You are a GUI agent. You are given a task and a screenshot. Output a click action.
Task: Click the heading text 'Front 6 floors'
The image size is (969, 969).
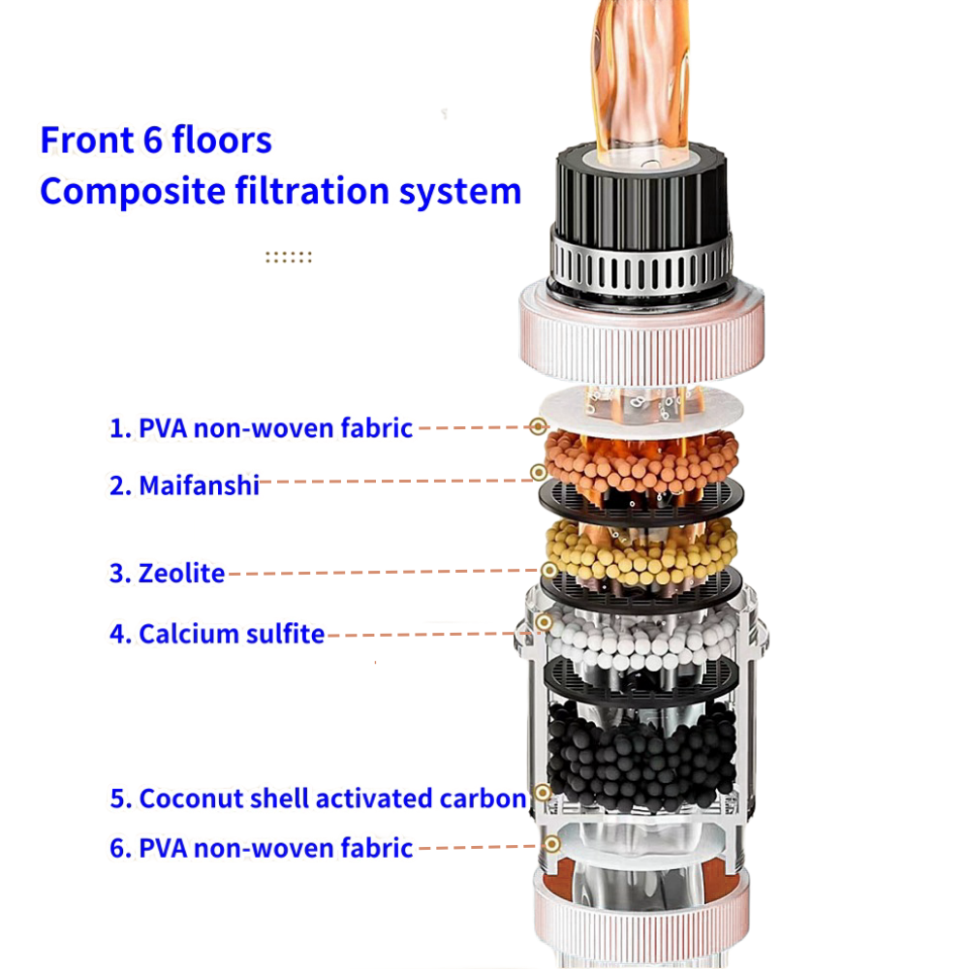click(x=156, y=140)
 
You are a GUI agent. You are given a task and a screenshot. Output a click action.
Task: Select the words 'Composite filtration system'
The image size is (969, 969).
click(x=281, y=192)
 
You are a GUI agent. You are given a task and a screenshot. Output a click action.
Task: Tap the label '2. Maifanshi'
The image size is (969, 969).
click(x=184, y=485)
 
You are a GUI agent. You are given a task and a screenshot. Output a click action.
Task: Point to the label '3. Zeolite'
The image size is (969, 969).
click(x=167, y=574)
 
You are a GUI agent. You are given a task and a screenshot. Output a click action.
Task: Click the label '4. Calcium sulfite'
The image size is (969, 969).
click(x=217, y=634)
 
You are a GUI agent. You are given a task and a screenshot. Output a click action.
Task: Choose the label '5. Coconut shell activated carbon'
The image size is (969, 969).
click(x=318, y=798)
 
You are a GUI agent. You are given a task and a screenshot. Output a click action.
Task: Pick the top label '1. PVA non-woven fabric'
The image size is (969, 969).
click(x=261, y=428)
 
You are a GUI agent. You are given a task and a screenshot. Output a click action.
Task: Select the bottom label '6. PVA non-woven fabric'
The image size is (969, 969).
click(x=261, y=848)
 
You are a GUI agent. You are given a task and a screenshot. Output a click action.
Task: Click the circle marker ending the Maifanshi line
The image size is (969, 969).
click(x=538, y=473)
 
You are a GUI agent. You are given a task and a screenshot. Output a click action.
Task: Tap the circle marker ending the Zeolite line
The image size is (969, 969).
click(x=548, y=570)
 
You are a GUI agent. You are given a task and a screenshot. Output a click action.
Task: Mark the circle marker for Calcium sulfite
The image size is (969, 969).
click(x=544, y=622)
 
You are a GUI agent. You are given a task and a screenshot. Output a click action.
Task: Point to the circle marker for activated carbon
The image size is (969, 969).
click(x=543, y=793)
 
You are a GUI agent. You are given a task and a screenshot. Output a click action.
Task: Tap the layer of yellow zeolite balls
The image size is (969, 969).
click(x=641, y=552)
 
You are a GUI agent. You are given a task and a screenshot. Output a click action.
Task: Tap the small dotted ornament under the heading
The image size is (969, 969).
click(x=289, y=257)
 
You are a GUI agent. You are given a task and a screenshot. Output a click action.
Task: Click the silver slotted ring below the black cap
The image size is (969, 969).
click(x=641, y=266)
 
